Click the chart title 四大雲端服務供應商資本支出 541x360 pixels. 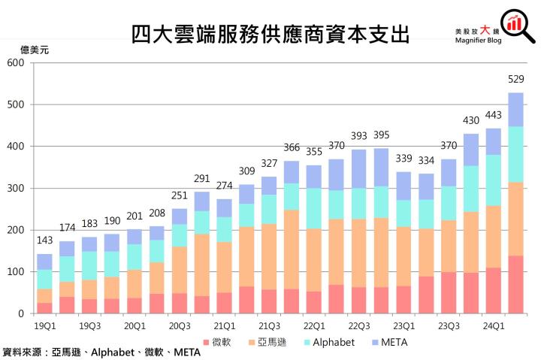(270, 34)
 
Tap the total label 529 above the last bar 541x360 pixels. (516, 78)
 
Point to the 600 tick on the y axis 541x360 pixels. (17, 62)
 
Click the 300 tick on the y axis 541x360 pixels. (17, 188)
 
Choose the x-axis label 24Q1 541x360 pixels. (494, 325)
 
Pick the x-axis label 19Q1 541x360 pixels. (44, 325)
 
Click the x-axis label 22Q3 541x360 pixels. (359, 325)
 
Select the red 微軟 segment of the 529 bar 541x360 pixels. (516, 284)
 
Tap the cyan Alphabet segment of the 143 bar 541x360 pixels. (44, 279)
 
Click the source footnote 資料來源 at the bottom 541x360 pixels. (101, 352)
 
